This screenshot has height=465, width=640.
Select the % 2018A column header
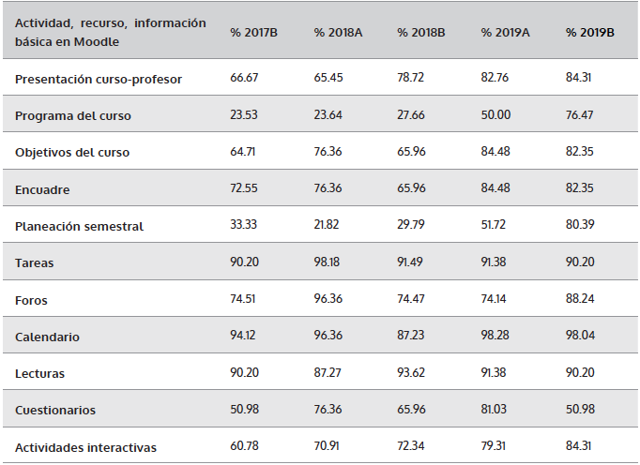pos(339,33)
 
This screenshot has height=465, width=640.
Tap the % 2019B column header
pos(590,33)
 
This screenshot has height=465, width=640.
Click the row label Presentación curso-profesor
pos(99,80)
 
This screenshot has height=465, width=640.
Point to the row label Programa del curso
pos(73,116)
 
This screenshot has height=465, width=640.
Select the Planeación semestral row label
pos(79,227)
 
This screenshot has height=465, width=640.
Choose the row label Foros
pos(31,301)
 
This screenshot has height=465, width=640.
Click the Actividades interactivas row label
pos(85,448)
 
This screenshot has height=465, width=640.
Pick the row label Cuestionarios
pos(55,411)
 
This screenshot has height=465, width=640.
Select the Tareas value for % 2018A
pos(328,263)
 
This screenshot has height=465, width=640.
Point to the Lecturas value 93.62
pos(412,374)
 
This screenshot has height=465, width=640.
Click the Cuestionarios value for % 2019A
pos(495,411)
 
